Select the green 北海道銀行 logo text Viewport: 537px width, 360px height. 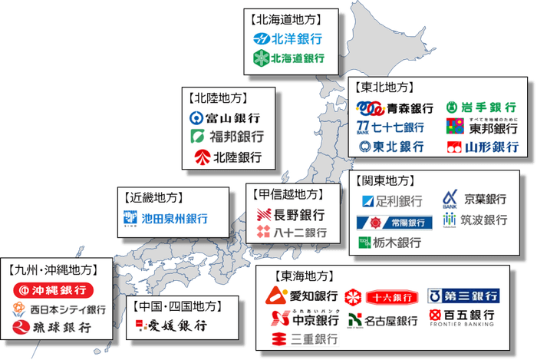pos(296,58)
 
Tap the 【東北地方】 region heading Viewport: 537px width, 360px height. pos(385,88)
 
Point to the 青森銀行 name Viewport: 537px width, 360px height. pos(407,107)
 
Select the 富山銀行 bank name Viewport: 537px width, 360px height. pos(233,118)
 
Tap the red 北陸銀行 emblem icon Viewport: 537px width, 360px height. pos(202,158)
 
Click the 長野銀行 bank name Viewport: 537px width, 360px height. pos(299,214)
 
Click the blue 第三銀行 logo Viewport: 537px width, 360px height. pos(463,296)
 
